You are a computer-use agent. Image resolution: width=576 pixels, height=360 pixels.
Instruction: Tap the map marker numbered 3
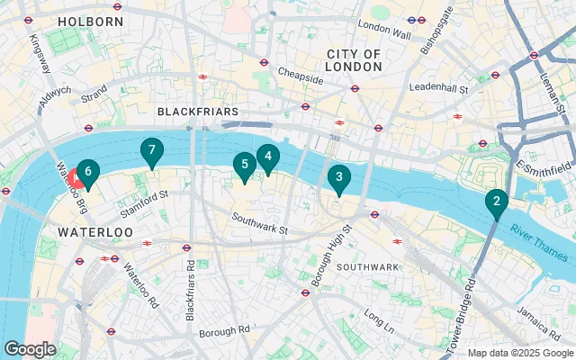tap(338, 178)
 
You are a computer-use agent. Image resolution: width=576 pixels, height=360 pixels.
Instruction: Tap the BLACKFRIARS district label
tap(197, 111)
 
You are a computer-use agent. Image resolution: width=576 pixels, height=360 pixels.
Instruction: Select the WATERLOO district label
tap(95, 232)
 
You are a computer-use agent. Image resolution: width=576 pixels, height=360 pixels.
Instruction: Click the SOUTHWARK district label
tap(367, 267)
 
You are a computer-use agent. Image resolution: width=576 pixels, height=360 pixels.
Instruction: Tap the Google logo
tap(30, 348)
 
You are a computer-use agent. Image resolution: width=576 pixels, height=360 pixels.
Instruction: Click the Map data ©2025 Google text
tap(519, 353)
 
